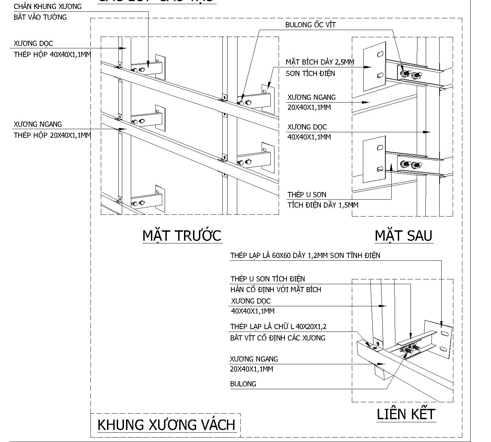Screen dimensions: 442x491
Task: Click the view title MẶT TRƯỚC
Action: click(182, 236)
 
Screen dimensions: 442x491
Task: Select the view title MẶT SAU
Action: click(403, 236)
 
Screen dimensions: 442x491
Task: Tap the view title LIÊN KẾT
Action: click(406, 414)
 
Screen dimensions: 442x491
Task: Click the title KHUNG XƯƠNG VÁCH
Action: click(166, 425)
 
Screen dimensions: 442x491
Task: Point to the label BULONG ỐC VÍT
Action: click(310, 25)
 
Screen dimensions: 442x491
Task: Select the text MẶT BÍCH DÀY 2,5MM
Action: click(320, 62)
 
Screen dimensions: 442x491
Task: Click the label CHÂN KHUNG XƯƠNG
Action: click(48, 7)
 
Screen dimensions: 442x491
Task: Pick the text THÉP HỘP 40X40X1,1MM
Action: click(52, 55)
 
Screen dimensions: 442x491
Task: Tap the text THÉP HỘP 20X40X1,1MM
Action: click(52, 135)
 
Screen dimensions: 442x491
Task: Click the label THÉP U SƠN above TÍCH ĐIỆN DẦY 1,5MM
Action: click(307, 195)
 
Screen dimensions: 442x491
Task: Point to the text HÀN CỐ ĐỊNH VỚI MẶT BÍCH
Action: click(276, 290)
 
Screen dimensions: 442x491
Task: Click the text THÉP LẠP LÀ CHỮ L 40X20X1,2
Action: click(278, 327)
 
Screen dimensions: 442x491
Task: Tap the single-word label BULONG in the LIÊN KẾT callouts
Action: click(243, 384)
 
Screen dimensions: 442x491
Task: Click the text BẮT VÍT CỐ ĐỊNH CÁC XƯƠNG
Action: click(278, 338)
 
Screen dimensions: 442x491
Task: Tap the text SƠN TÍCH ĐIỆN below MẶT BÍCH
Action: click(310, 74)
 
